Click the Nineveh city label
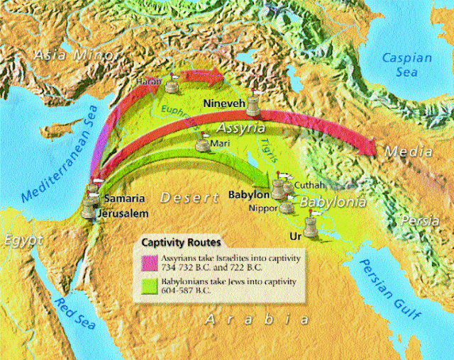pos(225,104)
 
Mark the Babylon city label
pos(248,193)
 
